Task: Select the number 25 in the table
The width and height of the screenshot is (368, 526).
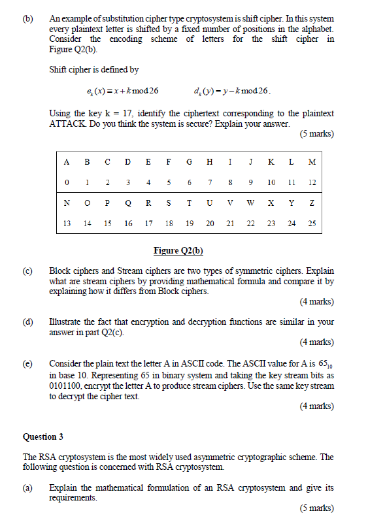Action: coord(312,223)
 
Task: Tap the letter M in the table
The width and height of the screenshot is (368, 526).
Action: coord(312,162)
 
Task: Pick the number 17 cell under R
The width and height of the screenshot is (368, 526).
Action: coord(149,223)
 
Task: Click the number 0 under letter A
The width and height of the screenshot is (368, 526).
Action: coord(67,182)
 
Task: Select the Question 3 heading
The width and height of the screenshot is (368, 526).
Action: coord(44,436)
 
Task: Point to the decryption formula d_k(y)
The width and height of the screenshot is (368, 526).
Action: coord(232,91)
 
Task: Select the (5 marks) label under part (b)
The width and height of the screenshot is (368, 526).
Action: coord(316,134)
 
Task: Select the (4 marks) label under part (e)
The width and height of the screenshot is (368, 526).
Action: coord(316,406)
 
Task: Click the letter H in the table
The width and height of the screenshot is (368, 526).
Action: coord(210,162)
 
